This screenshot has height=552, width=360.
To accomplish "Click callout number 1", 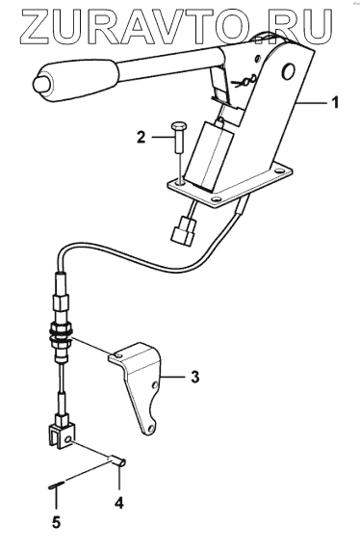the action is (x=335, y=103).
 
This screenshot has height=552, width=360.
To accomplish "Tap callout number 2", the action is (x=141, y=137).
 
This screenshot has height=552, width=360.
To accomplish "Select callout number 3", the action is (x=194, y=377).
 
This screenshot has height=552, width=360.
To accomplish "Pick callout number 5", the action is (x=56, y=522).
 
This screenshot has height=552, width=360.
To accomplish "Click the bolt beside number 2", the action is (x=178, y=138).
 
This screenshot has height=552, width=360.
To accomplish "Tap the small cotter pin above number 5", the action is (x=56, y=486).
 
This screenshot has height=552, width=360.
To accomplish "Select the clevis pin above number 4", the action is (x=117, y=461).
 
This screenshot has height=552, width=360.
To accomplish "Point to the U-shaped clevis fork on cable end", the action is (x=61, y=435).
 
